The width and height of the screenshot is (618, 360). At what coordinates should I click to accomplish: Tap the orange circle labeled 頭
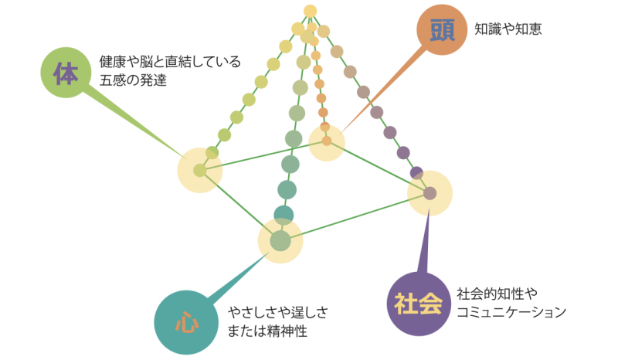441,31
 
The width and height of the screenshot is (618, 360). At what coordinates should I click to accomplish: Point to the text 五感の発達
133,80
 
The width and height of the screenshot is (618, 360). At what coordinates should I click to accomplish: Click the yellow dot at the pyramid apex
311,10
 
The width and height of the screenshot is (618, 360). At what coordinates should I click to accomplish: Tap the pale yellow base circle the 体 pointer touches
200,171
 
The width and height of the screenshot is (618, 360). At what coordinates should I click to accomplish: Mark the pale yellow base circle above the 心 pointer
280,240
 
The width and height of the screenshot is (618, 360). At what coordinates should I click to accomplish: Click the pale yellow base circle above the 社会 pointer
430,192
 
